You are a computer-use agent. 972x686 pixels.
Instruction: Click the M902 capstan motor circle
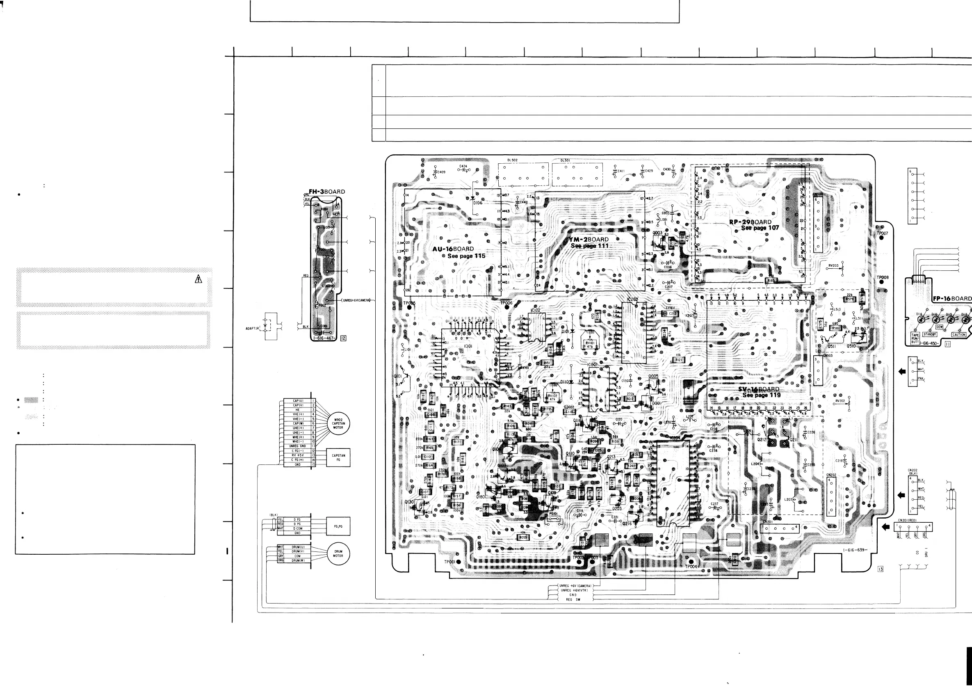pyautogui.click(x=338, y=423)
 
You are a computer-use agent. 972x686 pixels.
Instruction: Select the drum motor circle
pyautogui.click(x=338, y=553)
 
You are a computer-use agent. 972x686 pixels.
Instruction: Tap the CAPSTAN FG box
pyautogui.click(x=338, y=457)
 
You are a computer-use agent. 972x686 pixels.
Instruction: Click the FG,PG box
pyautogui.click(x=338, y=526)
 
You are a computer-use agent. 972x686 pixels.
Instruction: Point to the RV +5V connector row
pyautogui.click(x=298, y=455)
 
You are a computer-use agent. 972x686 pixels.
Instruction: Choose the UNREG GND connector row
pyautogui.click(x=298, y=446)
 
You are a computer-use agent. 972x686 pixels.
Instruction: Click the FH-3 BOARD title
pyautogui.click(x=326, y=192)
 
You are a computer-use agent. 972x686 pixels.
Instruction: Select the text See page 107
pyautogui.click(x=760, y=228)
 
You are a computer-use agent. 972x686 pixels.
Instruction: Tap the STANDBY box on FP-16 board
pyautogui.click(x=930, y=334)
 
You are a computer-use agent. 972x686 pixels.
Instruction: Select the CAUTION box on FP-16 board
pyautogui.click(x=959, y=334)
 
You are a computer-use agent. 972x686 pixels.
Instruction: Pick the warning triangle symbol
pyautogui.click(x=198, y=279)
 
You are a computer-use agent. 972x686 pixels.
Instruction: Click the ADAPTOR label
pyautogui.click(x=253, y=328)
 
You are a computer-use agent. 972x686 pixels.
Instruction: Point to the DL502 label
pyautogui.click(x=512, y=160)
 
